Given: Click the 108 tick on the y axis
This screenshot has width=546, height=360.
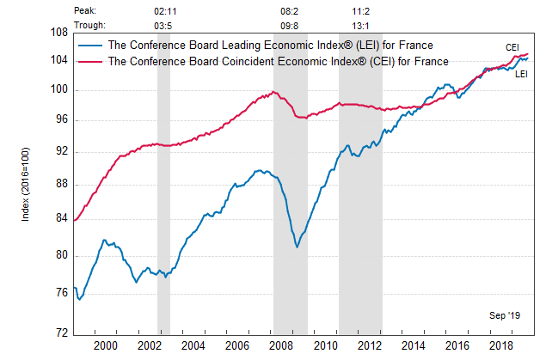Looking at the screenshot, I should pyautogui.click(x=58, y=33).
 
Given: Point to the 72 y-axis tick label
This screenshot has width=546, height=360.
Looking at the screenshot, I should pyautogui.click(x=60, y=333).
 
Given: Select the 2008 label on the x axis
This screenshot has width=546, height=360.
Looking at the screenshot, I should pyautogui.click(x=281, y=345).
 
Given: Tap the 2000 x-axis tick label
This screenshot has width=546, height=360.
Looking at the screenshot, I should pyautogui.click(x=105, y=345).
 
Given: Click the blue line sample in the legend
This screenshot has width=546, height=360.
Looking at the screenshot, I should pyautogui.click(x=89, y=45).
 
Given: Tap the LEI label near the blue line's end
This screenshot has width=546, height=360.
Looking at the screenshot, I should pyautogui.click(x=522, y=75).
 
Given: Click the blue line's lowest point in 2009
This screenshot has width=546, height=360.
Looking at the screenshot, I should pyautogui.click(x=297, y=247).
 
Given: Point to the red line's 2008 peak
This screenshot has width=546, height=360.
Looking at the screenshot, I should pyautogui.click(x=273, y=92).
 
